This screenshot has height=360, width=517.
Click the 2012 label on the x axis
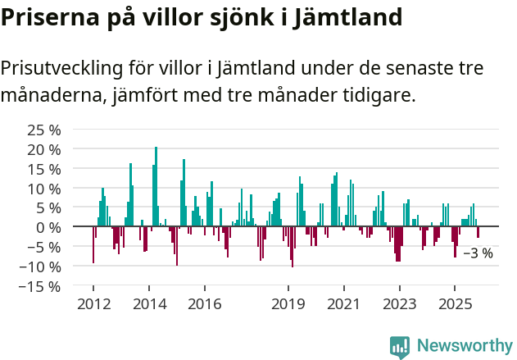pos(93,304)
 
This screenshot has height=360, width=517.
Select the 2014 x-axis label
pos(148,304)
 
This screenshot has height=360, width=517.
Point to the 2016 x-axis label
pos(204,304)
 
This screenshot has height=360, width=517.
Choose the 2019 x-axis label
pos(288,304)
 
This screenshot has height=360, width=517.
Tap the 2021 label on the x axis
pos(343,304)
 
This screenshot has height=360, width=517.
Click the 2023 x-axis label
pos(399,304)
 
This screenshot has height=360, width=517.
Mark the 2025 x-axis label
pos(455,304)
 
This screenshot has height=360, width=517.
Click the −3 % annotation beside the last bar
pos(478,253)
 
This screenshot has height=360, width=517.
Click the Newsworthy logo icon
pos(400,346)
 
